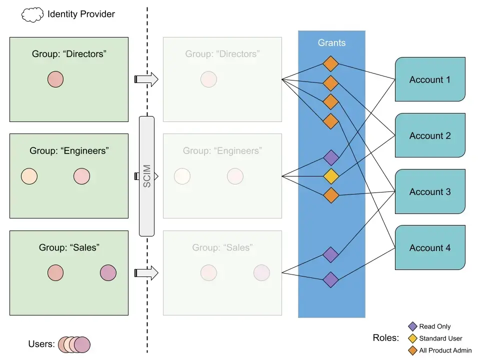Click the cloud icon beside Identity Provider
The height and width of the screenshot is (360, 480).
click(32, 14)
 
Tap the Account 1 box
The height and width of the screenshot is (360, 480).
click(430, 79)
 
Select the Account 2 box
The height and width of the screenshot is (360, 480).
click(430, 135)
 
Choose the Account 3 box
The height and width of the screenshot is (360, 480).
click(430, 191)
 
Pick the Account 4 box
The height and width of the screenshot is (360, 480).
click(430, 247)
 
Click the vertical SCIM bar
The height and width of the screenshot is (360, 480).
click(146, 176)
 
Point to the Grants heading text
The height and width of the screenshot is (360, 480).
click(331, 43)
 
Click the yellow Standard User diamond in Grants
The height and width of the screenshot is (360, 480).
click(331, 176)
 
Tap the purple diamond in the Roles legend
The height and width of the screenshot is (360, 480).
click(412, 326)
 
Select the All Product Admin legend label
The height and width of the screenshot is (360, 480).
click(445, 350)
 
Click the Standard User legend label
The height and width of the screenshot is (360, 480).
click(440, 338)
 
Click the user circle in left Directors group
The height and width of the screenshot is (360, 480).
click(55, 79)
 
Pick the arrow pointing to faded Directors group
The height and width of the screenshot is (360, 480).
click(146, 79)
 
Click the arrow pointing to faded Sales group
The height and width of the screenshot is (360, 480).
click(146, 273)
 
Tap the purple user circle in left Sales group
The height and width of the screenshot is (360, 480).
click(108, 273)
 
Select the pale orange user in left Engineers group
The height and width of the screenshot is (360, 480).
click(29, 176)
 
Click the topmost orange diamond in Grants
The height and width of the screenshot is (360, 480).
click(331, 64)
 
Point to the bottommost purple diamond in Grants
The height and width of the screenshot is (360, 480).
click(331, 279)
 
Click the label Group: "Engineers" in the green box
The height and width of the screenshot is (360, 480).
click(69, 150)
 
